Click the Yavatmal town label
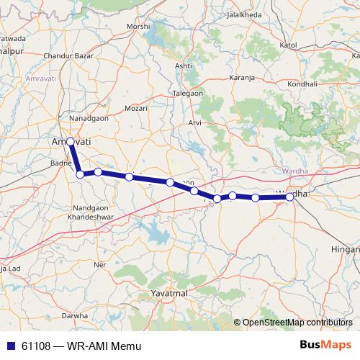click(169, 294)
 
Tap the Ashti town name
click(184, 66)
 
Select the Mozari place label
click(136, 108)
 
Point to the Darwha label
click(74, 315)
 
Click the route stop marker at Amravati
click(71, 142)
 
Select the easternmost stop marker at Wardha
click(289, 197)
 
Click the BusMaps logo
click(326, 345)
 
